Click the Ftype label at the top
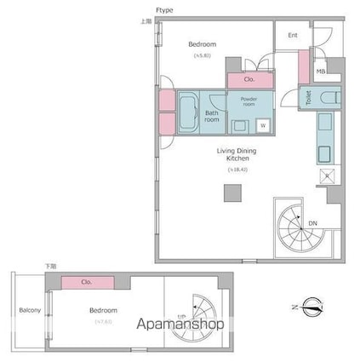coord(163,9)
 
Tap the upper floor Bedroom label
coord(202,44)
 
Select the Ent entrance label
coord(292,36)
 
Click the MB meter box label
coord(321,72)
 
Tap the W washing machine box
coord(263,126)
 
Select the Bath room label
coord(212,116)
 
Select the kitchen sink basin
coord(324,155)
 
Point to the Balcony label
coord(31,310)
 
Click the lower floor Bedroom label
coord(104,311)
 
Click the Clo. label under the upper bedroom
coord(249,79)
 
